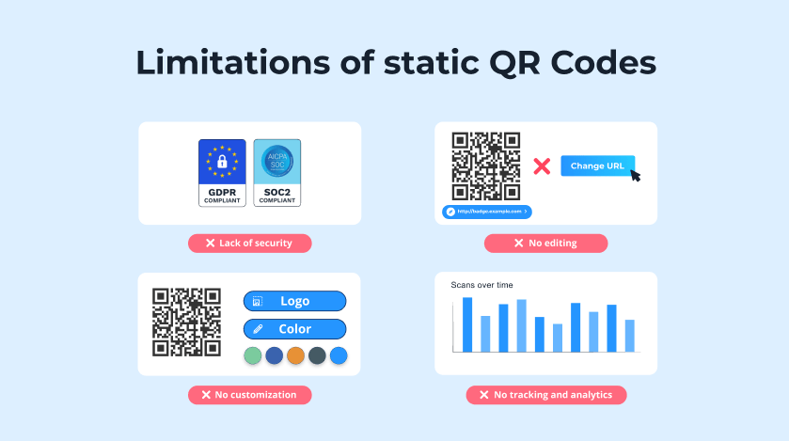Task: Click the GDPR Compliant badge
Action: coord(222,173)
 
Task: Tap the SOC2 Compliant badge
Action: coord(277,173)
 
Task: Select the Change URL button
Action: coord(597,165)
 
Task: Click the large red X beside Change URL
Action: coord(542,166)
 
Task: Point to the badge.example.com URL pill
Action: coord(487,212)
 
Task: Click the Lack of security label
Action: coord(249,243)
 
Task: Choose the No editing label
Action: coord(545,243)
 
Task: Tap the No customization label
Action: coord(249,395)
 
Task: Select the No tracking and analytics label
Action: coord(545,395)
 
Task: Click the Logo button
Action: coord(294,301)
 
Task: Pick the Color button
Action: coord(294,329)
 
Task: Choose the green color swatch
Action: coord(252,355)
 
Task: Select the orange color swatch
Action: coord(295,355)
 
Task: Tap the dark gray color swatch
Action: coord(317,355)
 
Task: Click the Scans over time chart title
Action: coord(481,285)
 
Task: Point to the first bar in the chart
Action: coord(467,323)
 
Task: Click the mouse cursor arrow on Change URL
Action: coord(636,175)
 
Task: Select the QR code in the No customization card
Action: coord(186,323)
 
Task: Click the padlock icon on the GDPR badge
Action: coord(222,162)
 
